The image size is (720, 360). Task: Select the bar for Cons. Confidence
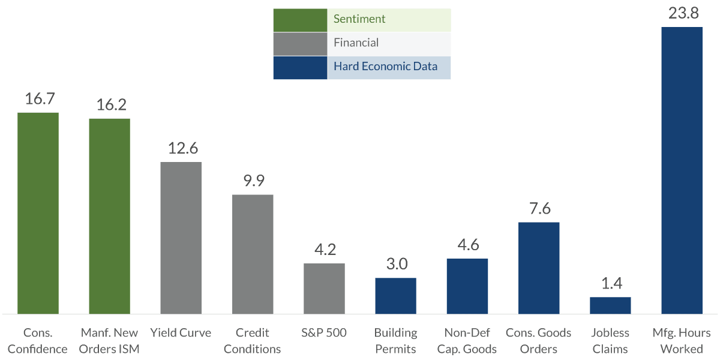pyautogui.click(x=38, y=213)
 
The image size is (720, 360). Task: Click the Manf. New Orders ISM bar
pyautogui.click(x=110, y=216)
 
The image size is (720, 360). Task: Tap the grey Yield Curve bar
pyautogui.click(x=181, y=238)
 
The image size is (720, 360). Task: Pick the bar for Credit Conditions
pyautogui.click(x=253, y=254)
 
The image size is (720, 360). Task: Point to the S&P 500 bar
pyautogui.click(x=324, y=288)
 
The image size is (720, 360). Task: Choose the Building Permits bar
pyautogui.click(x=395, y=295)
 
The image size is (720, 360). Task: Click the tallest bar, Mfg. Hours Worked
pyautogui.click(x=682, y=170)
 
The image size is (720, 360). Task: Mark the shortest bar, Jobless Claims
pyautogui.click(x=610, y=305)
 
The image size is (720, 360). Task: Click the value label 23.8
pyautogui.click(x=682, y=13)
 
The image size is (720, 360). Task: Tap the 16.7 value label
pyautogui.click(x=38, y=99)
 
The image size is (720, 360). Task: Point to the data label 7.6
pyautogui.click(x=539, y=209)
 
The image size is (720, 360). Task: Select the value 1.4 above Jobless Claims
pyautogui.click(x=610, y=284)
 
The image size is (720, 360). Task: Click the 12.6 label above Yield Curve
pyautogui.click(x=181, y=148)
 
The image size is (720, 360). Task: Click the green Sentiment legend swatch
pyautogui.click(x=300, y=20)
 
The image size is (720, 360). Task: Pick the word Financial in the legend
pyautogui.click(x=356, y=43)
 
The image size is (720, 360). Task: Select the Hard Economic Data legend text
pyautogui.click(x=386, y=67)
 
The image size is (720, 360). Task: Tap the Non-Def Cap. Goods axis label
pyautogui.click(x=467, y=340)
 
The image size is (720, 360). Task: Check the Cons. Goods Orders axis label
pyautogui.click(x=539, y=340)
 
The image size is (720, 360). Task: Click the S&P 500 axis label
pyautogui.click(x=324, y=333)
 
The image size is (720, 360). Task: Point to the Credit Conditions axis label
pyautogui.click(x=253, y=340)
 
